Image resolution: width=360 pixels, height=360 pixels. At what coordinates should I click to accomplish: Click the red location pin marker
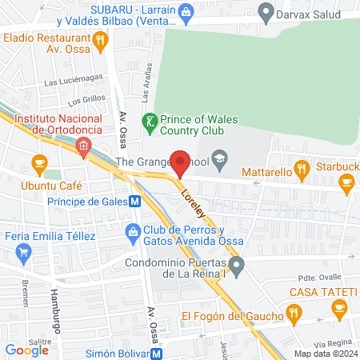click(181, 163)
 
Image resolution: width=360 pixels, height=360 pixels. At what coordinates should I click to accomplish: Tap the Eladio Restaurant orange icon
click(100, 39)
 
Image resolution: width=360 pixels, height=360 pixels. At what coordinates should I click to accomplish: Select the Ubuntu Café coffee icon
click(38, 164)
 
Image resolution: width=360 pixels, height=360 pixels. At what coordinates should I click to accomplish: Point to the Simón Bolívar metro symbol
click(158, 352)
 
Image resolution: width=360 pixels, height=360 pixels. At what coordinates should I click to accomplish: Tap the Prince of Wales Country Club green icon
click(148, 121)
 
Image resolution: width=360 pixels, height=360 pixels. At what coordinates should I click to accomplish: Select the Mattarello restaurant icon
click(302, 169)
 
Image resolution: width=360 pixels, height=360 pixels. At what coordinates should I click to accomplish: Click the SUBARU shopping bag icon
click(186, 11)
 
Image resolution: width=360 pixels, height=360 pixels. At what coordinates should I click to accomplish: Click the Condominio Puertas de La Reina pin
click(235, 264)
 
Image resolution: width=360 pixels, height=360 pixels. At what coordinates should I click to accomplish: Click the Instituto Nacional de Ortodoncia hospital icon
click(83, 146)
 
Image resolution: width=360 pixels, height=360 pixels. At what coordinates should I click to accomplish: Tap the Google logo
click(26, 350)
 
